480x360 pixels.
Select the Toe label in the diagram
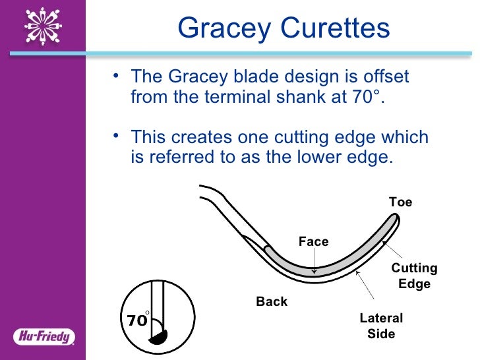[400, 202]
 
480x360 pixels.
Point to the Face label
[313, 242]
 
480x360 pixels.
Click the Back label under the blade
[272, 301]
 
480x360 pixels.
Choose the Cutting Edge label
[414, 276]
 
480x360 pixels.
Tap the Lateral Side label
[381, 326]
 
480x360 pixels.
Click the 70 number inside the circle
[136, 321]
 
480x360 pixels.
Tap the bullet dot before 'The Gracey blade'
[116, 77]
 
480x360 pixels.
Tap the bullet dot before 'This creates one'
[116, 138]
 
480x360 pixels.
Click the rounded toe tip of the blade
[393, 222]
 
